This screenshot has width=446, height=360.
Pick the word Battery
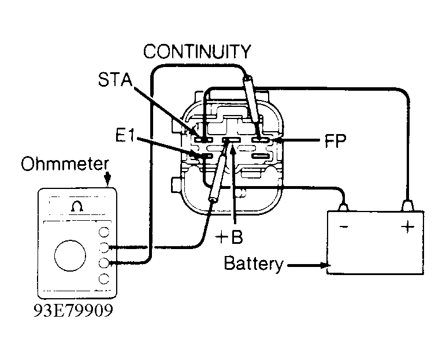pos(253,264)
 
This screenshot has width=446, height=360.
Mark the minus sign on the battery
pos(344,227)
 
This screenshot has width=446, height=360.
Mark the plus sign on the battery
pos(407,227)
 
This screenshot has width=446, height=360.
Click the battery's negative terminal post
pos(344,205)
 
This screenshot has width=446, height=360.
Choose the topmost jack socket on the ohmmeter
pos(105,232)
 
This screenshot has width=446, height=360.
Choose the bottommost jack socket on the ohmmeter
pos(105,279)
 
